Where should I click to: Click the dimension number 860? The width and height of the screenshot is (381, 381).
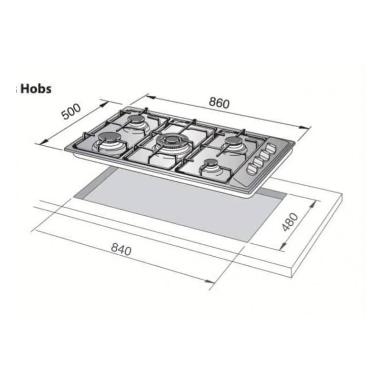(219, 103)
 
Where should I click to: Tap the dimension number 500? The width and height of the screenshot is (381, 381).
(70, 111)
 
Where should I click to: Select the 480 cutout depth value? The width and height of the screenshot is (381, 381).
(290, 221)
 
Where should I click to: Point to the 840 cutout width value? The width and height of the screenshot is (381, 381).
(121, 249)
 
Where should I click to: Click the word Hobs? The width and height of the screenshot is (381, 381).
(36, 89)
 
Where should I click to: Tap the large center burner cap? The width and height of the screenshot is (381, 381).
(170, 140)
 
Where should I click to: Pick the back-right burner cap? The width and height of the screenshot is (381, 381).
(232, 140)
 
